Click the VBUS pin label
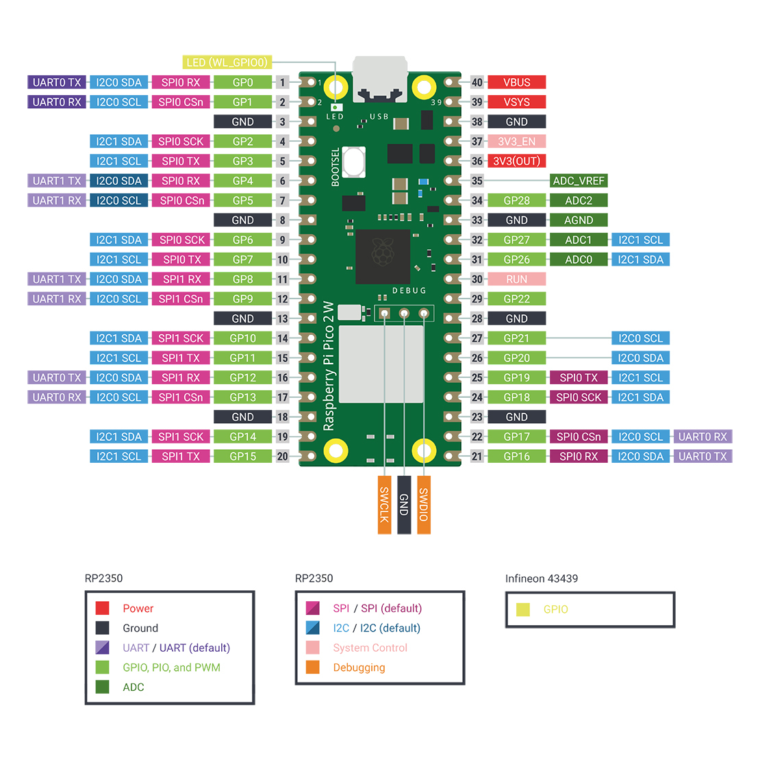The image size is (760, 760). point(516,82)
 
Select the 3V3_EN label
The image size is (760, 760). point(516,142)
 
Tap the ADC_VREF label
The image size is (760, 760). point(579,181)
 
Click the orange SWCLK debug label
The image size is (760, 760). point(385,505)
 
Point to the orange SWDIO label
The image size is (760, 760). point(424,505)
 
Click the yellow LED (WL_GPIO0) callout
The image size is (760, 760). point(227,62)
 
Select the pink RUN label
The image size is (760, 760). point(516,279)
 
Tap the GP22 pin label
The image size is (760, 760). point(516,299)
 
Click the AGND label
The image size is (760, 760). point(579,220)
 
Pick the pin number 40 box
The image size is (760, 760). point(477,82)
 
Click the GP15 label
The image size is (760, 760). point(242,457)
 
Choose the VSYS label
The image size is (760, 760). point(516,102)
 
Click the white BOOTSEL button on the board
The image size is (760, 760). point(354,162)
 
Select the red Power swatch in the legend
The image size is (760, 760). point(103,608)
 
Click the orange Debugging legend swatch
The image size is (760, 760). point(313,668)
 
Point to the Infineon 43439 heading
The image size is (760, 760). point(542,579)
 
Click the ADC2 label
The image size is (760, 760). point(579,201)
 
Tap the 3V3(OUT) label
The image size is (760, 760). point(516,162)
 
